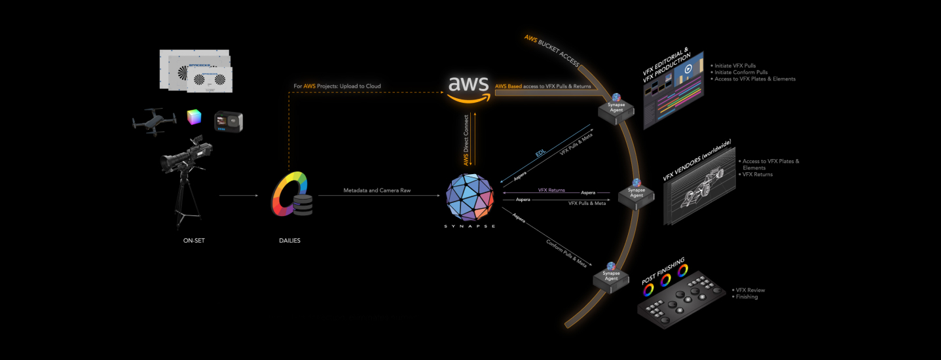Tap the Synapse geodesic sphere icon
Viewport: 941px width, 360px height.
tap(470, 196)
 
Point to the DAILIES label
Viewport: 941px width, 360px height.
tap(289, 240)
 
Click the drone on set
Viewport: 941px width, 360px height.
tap(154, 122)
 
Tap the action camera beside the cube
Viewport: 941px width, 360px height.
tap(229, 120)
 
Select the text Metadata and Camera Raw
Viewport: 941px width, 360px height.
tap(381, 190)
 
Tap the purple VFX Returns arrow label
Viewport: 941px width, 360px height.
tap(551, 190)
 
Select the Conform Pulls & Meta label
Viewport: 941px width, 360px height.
tap(566, 253)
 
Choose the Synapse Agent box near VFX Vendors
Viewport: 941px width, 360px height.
tap(636, 194)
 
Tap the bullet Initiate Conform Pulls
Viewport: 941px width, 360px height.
tap(741, 72)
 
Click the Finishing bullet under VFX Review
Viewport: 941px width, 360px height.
tap(747, 297)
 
